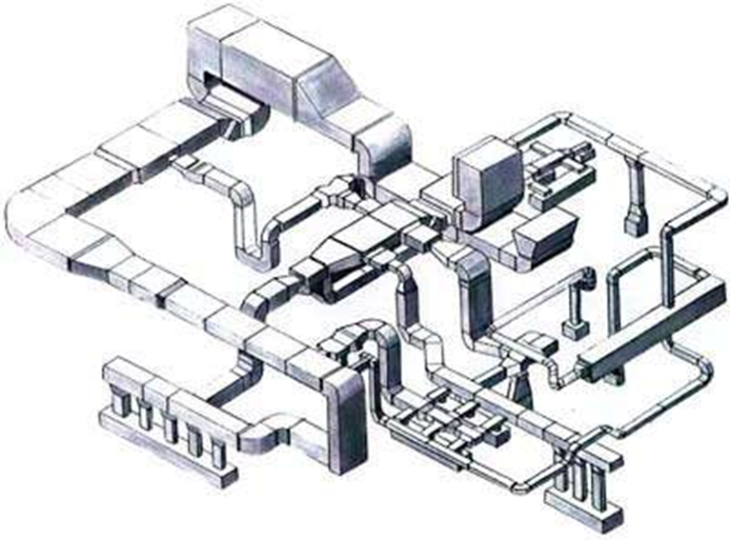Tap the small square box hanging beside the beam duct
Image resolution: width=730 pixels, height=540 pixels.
(575, 329)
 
